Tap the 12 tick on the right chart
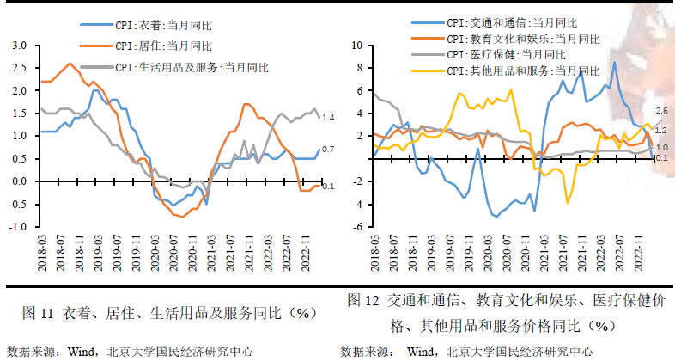click(361, 45)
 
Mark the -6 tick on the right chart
click(361, 227)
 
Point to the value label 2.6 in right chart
click(661, 112)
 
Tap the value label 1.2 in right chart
click(661, 130)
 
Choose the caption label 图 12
click(363, 301)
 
